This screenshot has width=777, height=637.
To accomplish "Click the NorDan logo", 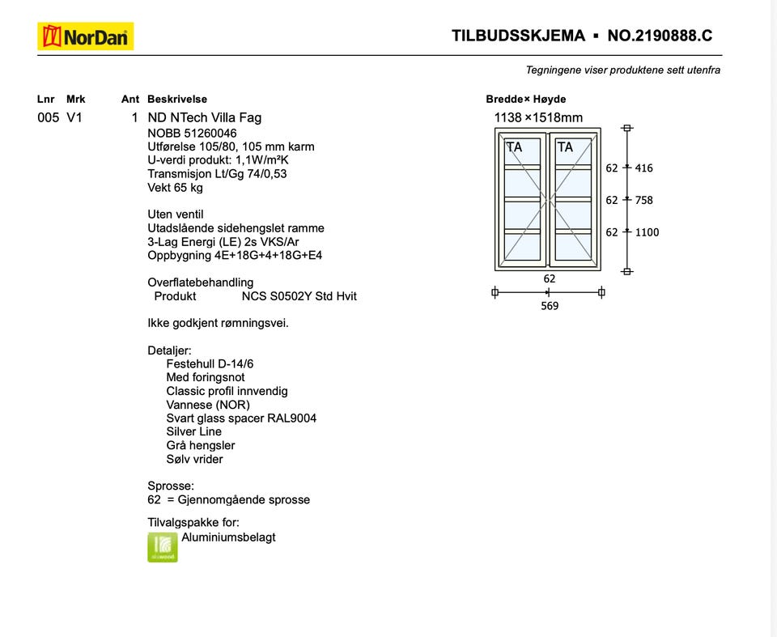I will coord(85,36).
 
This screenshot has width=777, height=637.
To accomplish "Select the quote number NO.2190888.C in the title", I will coord(660,36).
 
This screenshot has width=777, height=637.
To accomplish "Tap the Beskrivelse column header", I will coord(177,100).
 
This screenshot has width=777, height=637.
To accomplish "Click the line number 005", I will coord(48,117).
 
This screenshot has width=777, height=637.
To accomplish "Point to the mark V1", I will coord(74,117).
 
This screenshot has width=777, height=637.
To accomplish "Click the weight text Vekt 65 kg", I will coord(175,188).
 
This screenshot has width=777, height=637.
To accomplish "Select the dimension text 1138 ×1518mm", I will coord(538,117).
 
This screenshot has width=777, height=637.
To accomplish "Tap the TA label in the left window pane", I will coord(514,147).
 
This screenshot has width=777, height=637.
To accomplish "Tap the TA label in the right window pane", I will coord(565,147).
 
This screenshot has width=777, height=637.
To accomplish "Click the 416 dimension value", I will coord(644,168).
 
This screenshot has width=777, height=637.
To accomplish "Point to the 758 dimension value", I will coord(644,200).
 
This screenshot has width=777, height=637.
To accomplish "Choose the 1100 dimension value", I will coord(647,232).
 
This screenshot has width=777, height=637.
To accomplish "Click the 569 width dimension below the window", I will coord(550,306).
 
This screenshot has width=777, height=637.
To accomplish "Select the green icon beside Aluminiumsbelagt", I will coord(162,547).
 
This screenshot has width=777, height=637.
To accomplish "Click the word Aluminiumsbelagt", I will coord(228,537).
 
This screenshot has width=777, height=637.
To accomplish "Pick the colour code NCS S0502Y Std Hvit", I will coord(299,296).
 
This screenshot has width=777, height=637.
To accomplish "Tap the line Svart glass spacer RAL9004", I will coord(241,418).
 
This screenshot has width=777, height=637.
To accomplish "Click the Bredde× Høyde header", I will coord(526,100).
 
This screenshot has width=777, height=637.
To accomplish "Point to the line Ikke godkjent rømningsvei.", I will coord(218,323).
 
